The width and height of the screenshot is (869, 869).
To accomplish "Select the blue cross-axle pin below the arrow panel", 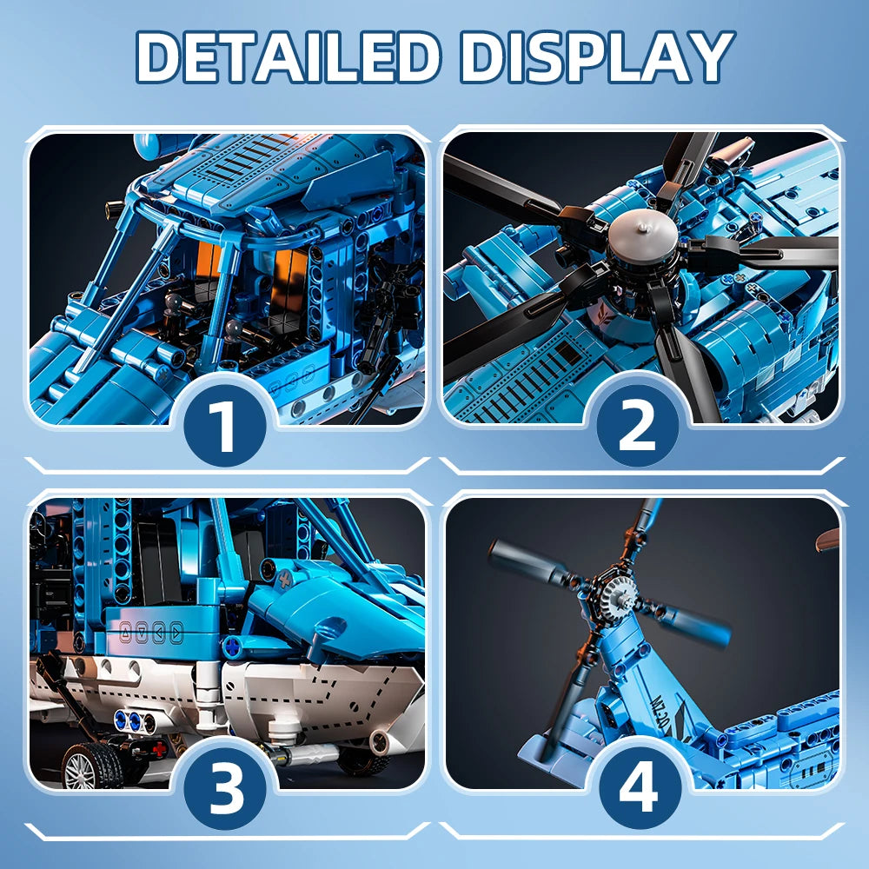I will (234, 647).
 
